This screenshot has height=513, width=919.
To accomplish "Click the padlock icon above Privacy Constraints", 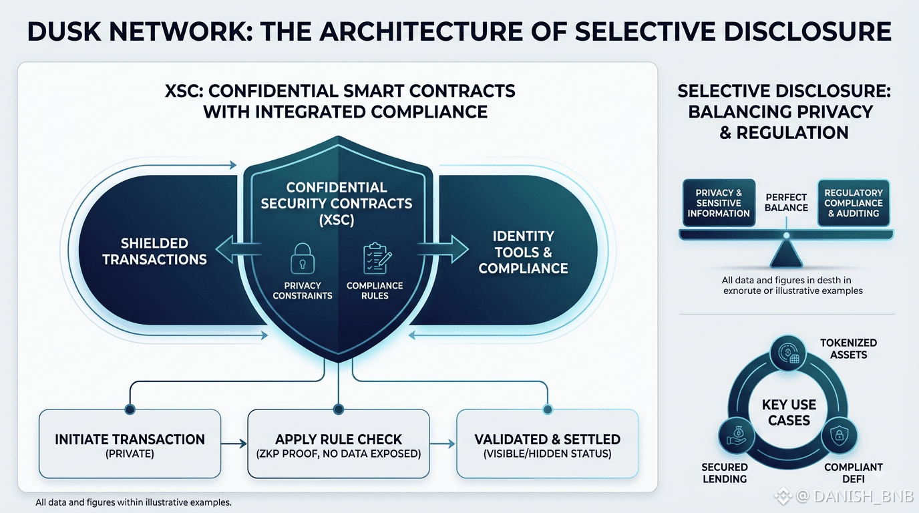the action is pos(303,259).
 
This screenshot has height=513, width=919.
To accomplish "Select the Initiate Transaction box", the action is pos(130,444).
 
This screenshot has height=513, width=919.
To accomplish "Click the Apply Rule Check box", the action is pos(339,444).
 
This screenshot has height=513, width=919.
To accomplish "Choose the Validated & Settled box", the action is pos(547,444).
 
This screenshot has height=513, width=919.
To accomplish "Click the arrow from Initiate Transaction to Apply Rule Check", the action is pos(234,444).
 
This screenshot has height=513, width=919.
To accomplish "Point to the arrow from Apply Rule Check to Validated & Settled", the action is pos(443,444).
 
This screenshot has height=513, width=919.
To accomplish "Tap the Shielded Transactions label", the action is pos(154,251).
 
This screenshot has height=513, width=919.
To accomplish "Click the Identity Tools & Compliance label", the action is pos(523,252).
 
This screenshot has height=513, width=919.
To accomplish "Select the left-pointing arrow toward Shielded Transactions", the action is pos(239,249).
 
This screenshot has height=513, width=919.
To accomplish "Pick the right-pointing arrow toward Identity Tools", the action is pos(443,249).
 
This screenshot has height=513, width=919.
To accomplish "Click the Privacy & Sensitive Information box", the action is pos(719,203).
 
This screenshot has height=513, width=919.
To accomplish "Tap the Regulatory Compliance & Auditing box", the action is pos(854,203).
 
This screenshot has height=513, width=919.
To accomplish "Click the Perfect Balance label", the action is pos(786,202).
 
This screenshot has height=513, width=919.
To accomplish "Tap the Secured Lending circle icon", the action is pos(737,436).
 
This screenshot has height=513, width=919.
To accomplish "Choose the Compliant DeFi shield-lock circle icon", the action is pos(839,436).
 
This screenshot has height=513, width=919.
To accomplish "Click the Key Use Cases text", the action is pos(789,412).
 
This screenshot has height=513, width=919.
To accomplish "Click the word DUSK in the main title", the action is pos(64,31).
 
